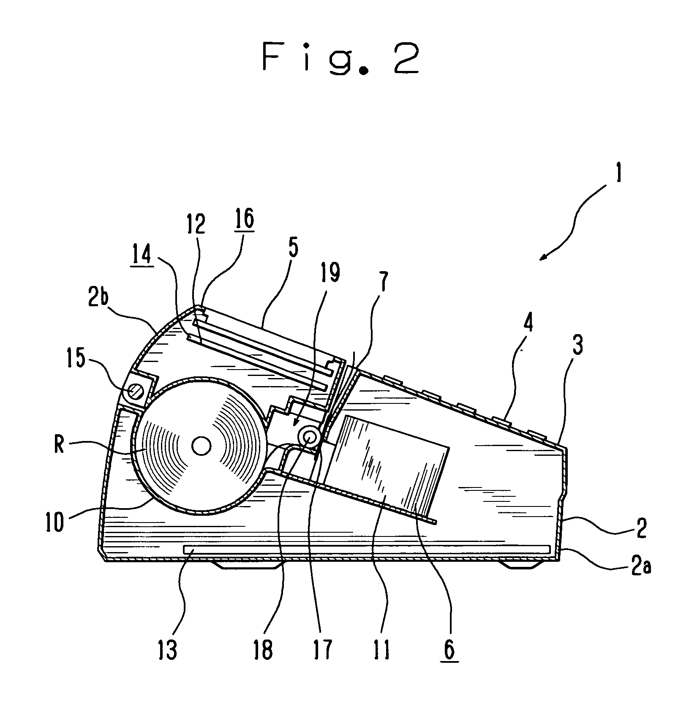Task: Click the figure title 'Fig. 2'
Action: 341,59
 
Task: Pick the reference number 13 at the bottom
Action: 168,651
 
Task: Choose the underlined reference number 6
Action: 449,651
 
